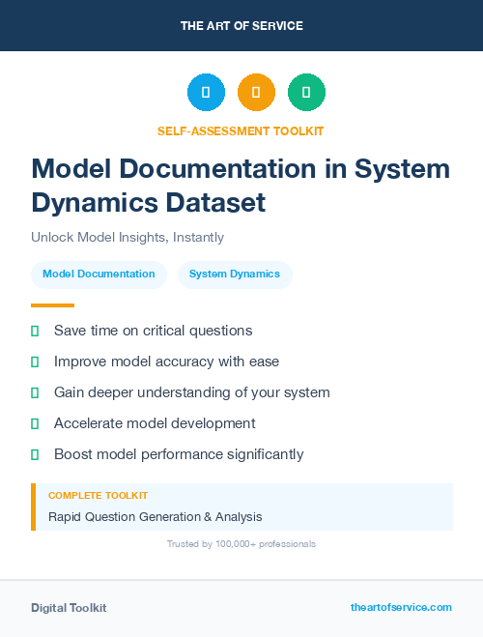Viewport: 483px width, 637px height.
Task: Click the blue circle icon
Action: (x=206, y=93)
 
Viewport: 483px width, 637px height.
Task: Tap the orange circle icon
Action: (x=256, y=93)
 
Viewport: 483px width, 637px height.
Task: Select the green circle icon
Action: (x=306, y=93)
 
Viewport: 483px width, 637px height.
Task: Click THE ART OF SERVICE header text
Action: (x=241, y=26)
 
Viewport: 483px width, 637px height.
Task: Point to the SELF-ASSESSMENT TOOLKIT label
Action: (x=241, y=130)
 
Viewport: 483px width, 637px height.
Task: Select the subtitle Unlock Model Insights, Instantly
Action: (x=128, y=237)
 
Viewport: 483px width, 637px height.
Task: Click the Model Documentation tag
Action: (x=99, y=274)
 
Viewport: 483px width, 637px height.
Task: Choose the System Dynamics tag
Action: (x=235, y=274)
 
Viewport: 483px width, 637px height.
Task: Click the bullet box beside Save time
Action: (x=35, y=331)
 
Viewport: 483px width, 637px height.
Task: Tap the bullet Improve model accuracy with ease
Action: (x=166, y=362)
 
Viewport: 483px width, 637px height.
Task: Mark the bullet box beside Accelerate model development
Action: (x=35, y=423)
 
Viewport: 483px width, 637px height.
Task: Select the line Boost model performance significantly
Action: (x=179, y=454)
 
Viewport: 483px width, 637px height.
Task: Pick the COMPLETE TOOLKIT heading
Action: (x=98, y=495)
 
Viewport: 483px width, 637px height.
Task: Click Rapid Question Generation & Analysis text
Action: (x=156, y=517)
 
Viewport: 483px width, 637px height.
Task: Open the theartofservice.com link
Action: (x=401, y=607)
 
